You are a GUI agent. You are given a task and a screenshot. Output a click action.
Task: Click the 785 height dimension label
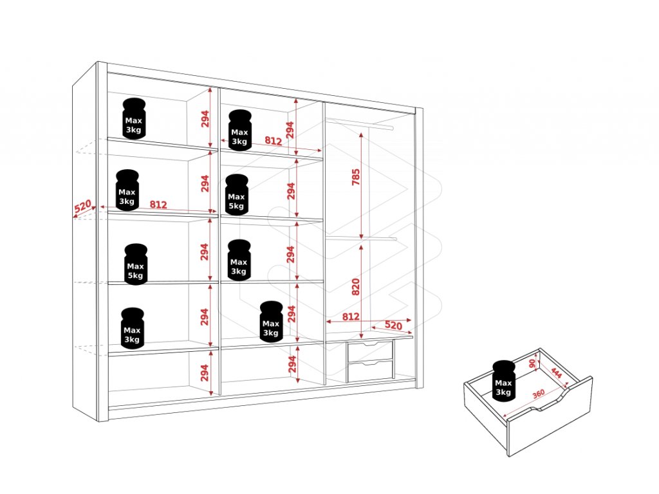pyautogui.click(x=356, y=176)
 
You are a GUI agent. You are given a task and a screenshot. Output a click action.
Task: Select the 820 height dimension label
pyautogui.click(x=356, y=286)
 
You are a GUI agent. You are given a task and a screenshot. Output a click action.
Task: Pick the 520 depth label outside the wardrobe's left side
pyautogui.click(x=82, y=207)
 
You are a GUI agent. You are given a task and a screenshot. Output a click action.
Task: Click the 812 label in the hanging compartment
pyautogui.click(x=351, y=316)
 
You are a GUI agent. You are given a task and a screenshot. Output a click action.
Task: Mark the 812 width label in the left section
pyautogui.click(x=158, y=205)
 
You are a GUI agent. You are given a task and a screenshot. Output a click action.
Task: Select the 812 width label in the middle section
pyautogui.click(x=273, y=141)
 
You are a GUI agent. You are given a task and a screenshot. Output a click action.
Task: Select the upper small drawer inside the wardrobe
pyautogui.click(x=370, y=351)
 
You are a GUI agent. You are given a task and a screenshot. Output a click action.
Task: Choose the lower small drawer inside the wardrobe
pyautogui.click(x=370, y=370)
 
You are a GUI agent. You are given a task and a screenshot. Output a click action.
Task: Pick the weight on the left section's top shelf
pyautogui.click(x=133, y=119)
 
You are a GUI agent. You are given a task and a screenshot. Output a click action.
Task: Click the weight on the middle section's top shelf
pyautogui.click(x=239, y=130)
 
